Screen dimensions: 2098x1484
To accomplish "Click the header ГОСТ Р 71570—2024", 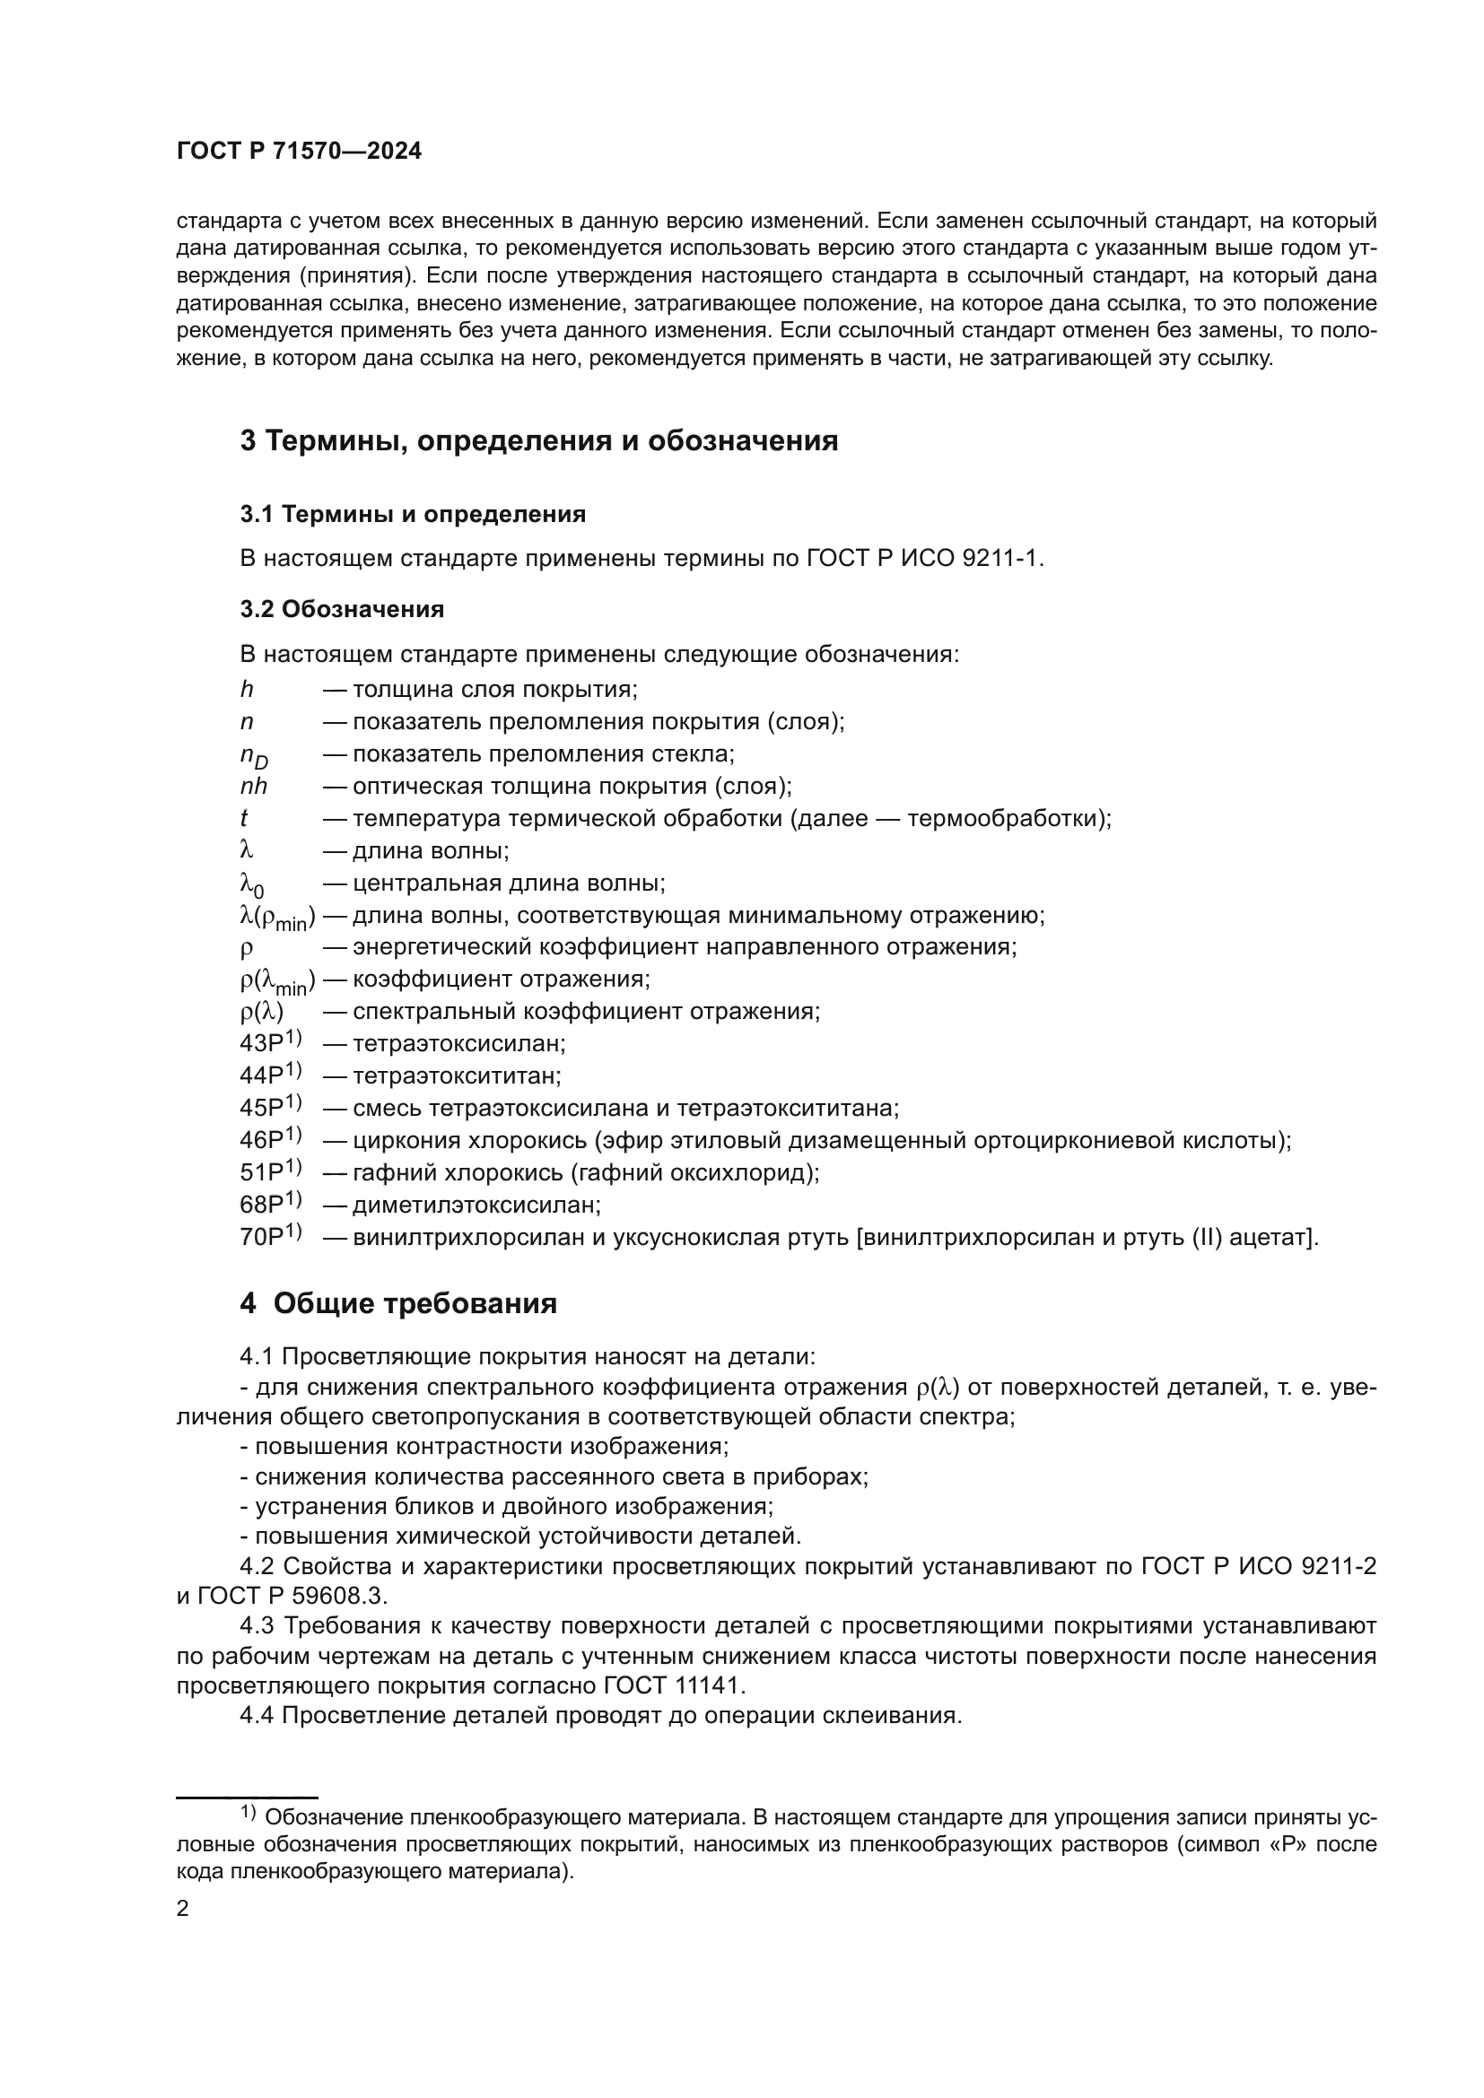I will (x=299, y=152).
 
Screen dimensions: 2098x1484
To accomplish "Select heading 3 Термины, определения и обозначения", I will (x=539, y=440).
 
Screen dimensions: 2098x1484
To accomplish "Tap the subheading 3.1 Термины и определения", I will (x=413, y=515).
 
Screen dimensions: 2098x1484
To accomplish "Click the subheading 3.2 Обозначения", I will (x=342, y=608).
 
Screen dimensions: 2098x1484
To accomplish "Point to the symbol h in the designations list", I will (x=247, y=689).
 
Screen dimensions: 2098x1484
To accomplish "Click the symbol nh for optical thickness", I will (x=253, y=786).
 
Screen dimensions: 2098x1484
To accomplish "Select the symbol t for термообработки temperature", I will (x=244, y=818).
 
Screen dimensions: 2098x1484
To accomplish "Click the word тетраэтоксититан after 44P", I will (x=457, y=1075).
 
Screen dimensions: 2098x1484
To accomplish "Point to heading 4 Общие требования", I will (x=398, y=1303).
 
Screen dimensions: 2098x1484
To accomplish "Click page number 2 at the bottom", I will (x=183, y=1908).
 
